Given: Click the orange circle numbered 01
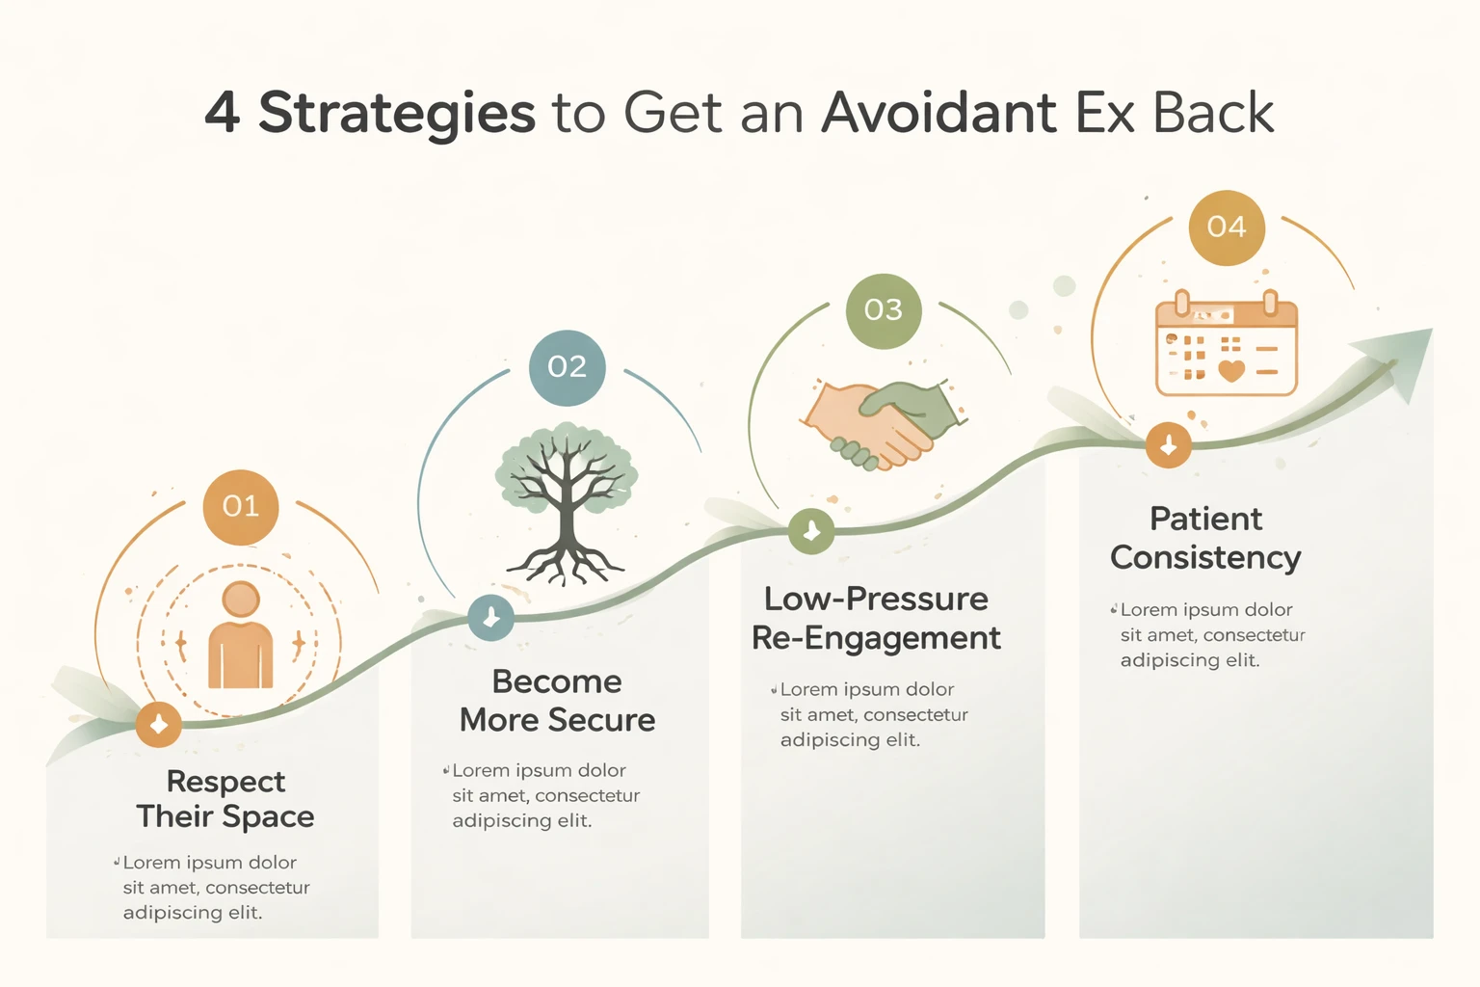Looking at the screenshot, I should click(241, 507).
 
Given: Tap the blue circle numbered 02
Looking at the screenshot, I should click(568, 367).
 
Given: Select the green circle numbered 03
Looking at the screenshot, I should click(884, 310).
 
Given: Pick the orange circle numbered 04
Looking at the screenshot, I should click(1227, 227).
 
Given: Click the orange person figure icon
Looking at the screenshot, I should click(241, 636).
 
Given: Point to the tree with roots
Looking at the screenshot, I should click(567, 501).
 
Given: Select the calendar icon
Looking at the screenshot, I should click(1227, 344).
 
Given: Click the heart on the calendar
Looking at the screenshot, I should click(1231, 370).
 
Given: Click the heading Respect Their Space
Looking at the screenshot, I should click(225, 798).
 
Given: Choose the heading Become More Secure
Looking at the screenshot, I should click(557, 701).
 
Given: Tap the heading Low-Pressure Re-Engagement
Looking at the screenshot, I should click(876, 618).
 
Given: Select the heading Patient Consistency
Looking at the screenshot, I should click(1205, 538).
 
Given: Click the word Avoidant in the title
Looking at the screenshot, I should click(938, 113).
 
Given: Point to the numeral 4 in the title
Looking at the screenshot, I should click(223, 113).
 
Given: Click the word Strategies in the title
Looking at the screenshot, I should click(396, 115).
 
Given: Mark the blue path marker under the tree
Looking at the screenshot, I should click(490, 618).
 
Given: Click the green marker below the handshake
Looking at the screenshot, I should click(811, 531).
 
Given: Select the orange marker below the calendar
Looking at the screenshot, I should click(1169, 445).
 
